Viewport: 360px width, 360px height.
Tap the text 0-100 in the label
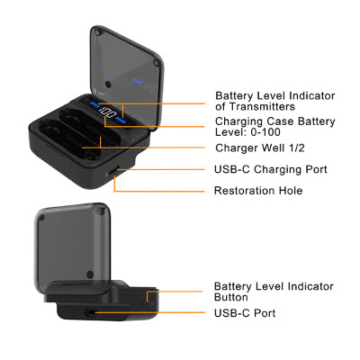265,132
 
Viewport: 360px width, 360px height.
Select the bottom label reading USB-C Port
245,313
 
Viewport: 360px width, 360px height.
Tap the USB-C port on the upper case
113,171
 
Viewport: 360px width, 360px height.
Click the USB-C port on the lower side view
90,312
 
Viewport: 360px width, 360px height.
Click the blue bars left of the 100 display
94,105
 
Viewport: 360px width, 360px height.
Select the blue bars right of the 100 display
121,121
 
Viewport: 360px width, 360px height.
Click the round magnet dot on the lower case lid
90,274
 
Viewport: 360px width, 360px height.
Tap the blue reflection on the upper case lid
139,81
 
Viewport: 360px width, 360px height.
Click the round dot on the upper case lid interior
108,85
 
